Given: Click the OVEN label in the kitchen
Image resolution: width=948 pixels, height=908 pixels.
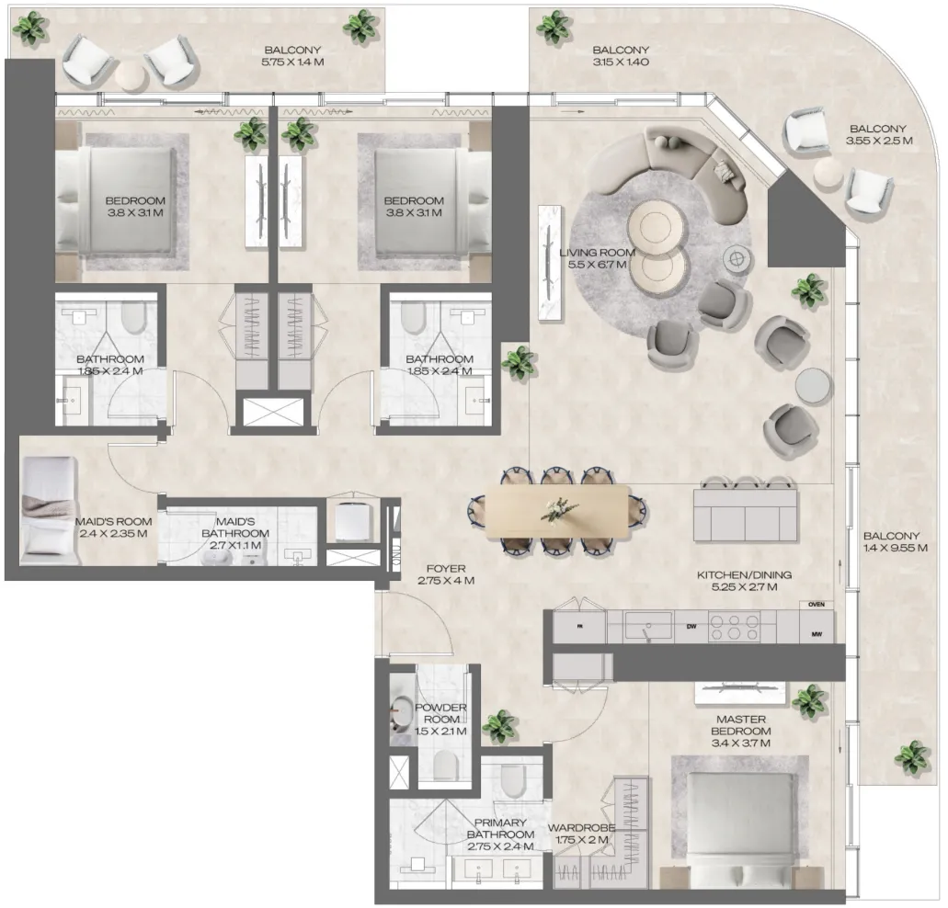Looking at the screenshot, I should tap(815, 605).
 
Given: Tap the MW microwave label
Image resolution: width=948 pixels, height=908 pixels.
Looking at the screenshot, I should tap(815, 634).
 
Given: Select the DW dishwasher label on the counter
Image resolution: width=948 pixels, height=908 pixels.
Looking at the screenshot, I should tap(690, 627).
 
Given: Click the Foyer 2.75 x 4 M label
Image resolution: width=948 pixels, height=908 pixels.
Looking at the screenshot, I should tap(446, 575).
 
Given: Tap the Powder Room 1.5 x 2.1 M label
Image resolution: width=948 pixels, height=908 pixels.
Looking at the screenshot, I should tap(441, 720).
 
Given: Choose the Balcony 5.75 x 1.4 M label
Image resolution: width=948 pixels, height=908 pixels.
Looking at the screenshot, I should tap(293, 57).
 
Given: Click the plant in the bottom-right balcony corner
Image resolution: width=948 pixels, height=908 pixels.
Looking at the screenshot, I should tap(910, 757).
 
